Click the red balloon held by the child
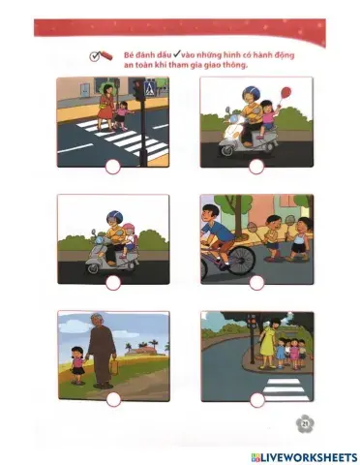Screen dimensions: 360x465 tap(285, 92)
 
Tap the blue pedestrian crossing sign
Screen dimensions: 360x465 tap(149, 88)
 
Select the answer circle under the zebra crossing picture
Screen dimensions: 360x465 tap(113, 167)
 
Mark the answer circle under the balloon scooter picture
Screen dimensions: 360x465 tap(256, 167)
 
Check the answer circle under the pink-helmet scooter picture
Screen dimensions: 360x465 tap(113, 283)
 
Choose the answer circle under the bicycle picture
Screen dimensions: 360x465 tap(256, 283)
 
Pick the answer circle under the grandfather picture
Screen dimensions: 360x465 tap(113, 399)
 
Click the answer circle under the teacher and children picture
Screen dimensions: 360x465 tap(257, 400)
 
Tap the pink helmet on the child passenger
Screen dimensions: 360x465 tap(129, 228)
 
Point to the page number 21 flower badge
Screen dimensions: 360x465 tap(305, 423)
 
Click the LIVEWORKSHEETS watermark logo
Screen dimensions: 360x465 tap(304, 457)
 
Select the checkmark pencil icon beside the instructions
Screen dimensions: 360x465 tap(101, 56)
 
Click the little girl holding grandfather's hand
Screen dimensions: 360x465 tap(77, 365)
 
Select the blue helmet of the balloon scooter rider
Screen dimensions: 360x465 tap(251, 92)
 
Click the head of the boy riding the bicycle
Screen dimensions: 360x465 tap(210, 213)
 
